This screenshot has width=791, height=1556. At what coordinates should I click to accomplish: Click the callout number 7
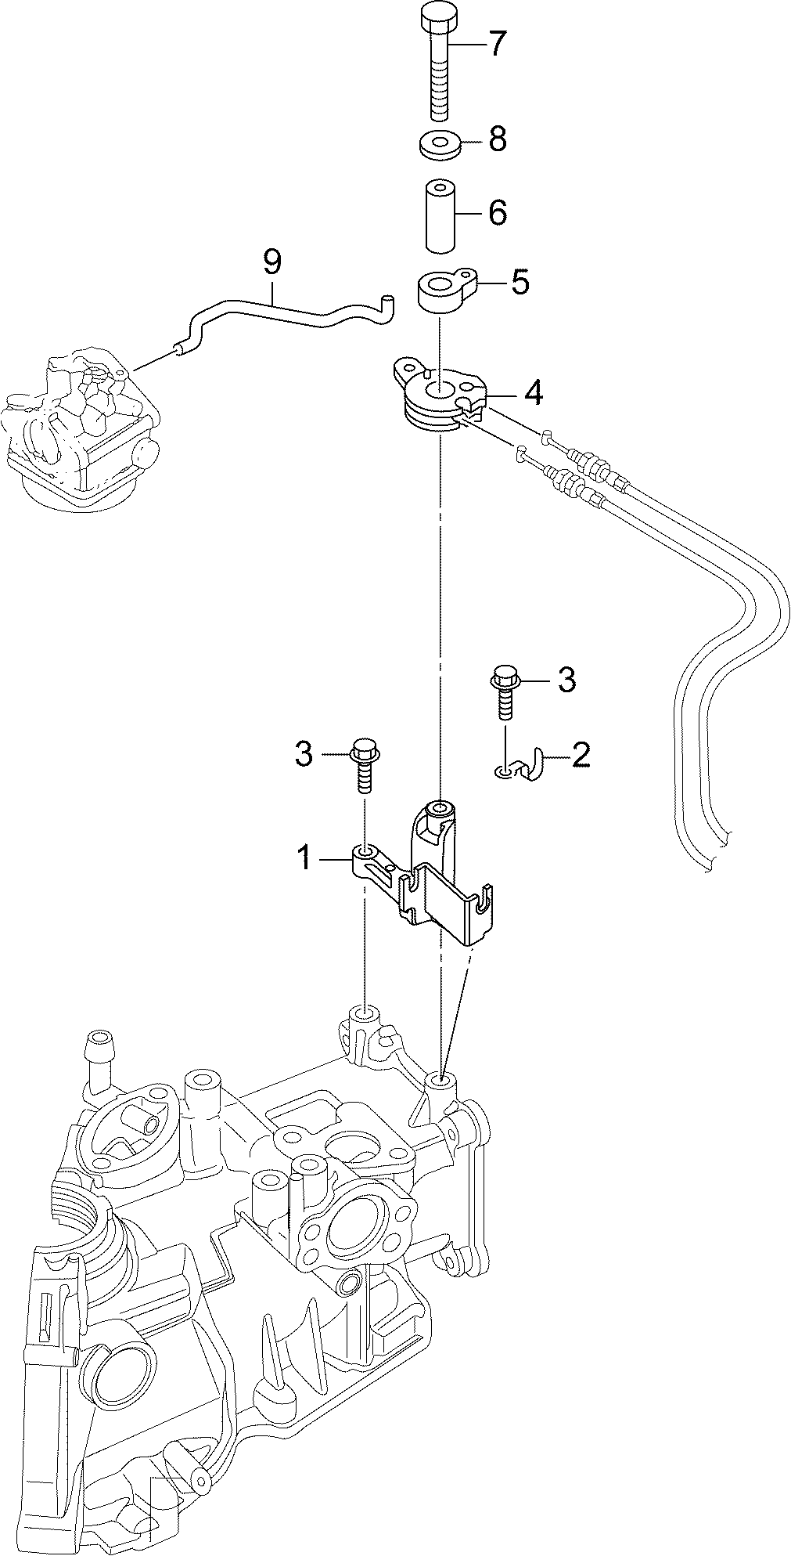pos(498,44)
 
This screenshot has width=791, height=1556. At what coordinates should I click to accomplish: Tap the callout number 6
pos(498,212)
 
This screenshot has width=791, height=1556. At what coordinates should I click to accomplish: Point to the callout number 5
pos(520,282)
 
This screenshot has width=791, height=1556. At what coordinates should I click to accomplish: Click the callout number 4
pos(533,393)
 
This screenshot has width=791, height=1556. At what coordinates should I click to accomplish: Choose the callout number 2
pos(581,754)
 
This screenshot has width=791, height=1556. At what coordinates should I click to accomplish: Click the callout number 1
pos(304,859)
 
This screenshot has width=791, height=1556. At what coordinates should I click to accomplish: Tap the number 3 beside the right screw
pos(566,680)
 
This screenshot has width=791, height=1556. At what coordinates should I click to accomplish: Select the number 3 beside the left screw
pos(304,755)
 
